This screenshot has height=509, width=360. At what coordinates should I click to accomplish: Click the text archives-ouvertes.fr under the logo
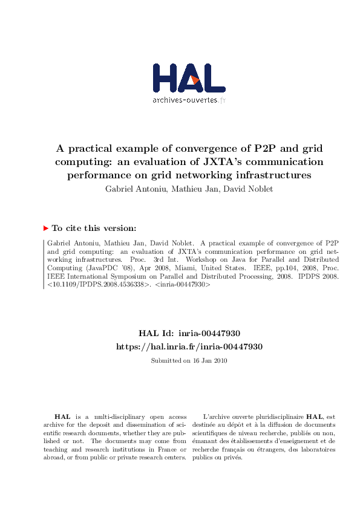tap(189, 100)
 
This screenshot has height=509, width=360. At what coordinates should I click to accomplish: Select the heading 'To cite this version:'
tap(94, 229)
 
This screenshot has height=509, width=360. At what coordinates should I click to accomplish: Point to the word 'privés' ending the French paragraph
tap(232, 458)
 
